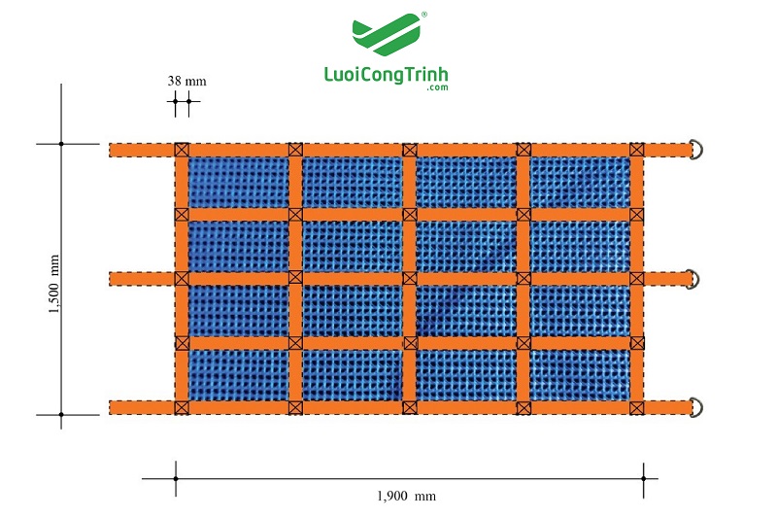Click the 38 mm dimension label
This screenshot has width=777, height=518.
click(x=186, y=81)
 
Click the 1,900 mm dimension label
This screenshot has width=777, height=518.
click(x=406, y=496)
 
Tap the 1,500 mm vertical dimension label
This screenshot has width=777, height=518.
click(x=54, y=284)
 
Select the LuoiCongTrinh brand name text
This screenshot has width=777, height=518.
click(x=386, y=75)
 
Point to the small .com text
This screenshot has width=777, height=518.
click(x=437, y=87)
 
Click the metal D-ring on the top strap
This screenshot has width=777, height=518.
click(x=697, y=150)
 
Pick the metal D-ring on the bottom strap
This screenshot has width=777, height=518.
click(x=696, y=407)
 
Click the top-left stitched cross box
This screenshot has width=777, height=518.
click(x=182, y=150)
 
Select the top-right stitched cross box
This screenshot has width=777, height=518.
click(x=637, y=150)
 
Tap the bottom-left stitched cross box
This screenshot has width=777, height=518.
click(x=182, y=407)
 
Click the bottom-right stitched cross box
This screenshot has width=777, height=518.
click(x=637, y=408)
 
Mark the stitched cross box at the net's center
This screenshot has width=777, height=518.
click(x=410, y=278)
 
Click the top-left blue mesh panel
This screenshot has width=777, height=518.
click(x=239, y=183)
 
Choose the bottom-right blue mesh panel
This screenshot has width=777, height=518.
click(x=580, y=375)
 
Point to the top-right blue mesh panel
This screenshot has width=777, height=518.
click(x=580, y=183)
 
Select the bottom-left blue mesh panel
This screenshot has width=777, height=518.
click(x=239, y=375)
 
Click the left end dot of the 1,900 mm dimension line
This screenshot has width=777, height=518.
click(x=176, y=479)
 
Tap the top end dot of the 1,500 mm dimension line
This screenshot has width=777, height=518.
click(x=61, y=144)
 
